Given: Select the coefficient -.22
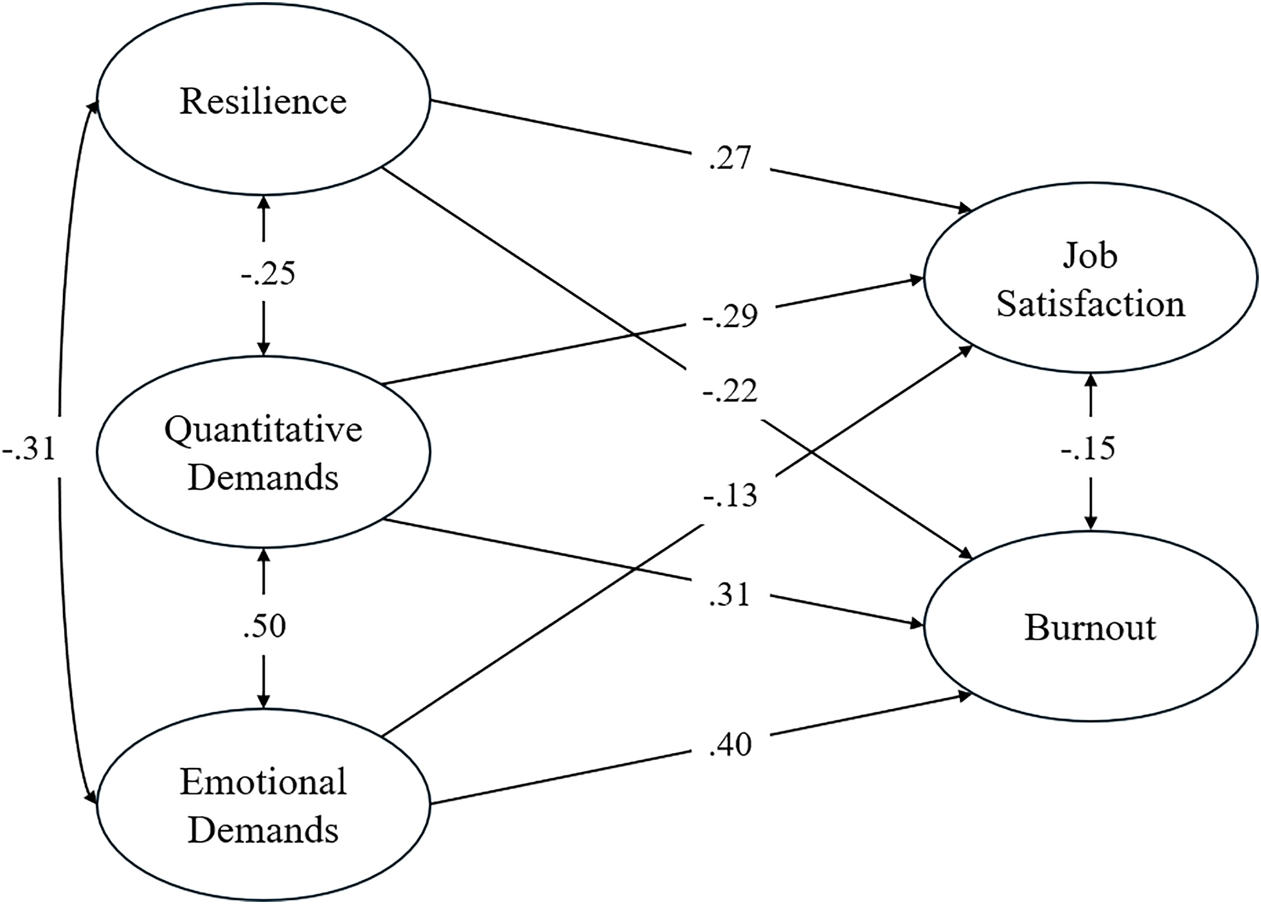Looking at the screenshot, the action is click(730, 391).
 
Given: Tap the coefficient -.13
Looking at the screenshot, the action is click(730, 496).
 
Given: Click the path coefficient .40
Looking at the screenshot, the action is click(730, 744).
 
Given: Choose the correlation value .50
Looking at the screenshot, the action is click(265, 626).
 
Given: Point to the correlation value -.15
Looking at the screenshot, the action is click(1087, 448).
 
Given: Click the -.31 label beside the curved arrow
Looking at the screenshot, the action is click(29, 448).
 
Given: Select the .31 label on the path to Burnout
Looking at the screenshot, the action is click(730, 595).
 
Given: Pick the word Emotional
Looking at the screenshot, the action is click(264, 782).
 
